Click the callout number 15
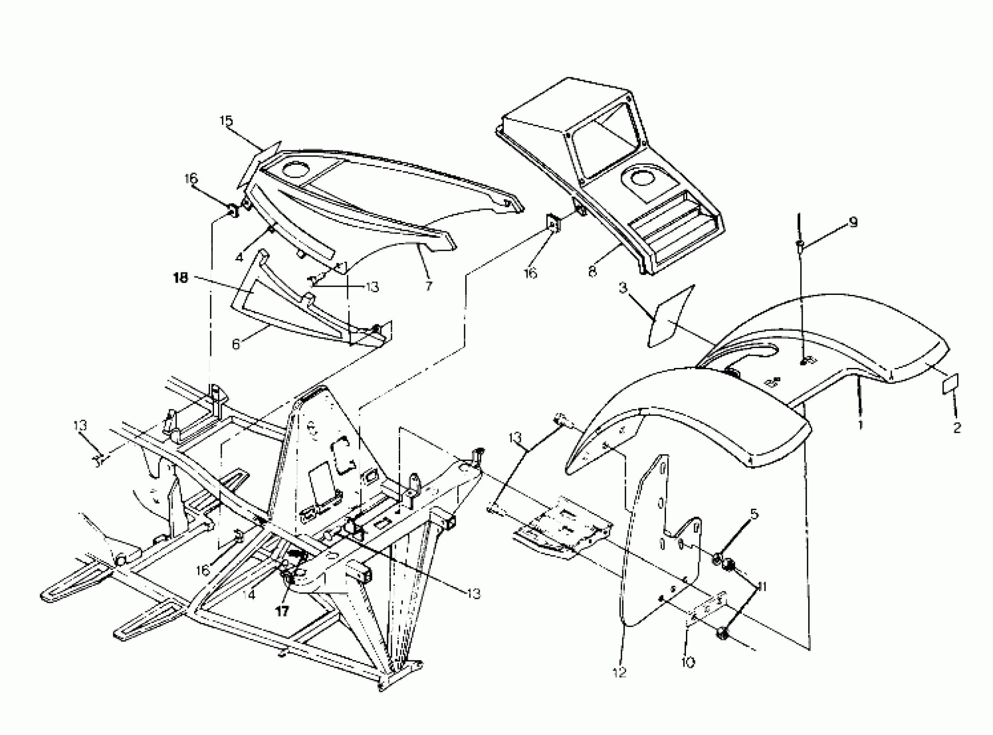tap(226, 121)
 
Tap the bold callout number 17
tap(282, 611)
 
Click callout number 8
tap(593, 272)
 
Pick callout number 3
tap(623, 288)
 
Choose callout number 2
tap(957, 428)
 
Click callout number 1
tap(860, 425)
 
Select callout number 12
tap(620, 672)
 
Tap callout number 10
tap(687, 662)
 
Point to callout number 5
tap(753, 514)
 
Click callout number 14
tap(249, 594)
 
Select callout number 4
tap(240, 257)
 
